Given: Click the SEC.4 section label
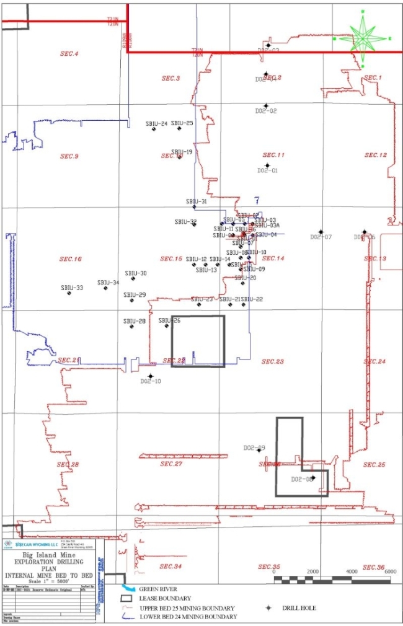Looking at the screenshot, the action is pyautogui.click(x=68, y=54).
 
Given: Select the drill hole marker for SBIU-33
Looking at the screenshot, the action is pyautogui.click(x=69, y=293).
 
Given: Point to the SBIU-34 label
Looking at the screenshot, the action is pyautogui.click(x=108, y=283).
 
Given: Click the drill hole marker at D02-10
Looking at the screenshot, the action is pyautogui.click(x=150, y=376).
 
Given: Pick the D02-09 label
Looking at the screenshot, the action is pyautogui.click(x=254, y=447).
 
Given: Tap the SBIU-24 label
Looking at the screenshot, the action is pyautogui.click(x=157, y=123).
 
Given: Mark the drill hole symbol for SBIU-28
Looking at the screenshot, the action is pyautogui.click(x=131, y=327).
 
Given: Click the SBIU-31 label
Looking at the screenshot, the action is pyautogui.click(x=197, y=202).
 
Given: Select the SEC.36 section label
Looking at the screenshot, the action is pyautogui.click(x=373, y=567).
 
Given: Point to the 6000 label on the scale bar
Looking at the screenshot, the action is pyautogui.click(x=389, y=571).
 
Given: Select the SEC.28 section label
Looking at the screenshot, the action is pyautogui.click(x=68, y=464).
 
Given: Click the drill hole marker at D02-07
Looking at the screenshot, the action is pyautogui.click(x=321, y=232).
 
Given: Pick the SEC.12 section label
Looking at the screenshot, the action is pyautogui.click(x=375, y=155).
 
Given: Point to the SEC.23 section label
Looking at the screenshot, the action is pyautogui.click(x=272, y=361).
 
